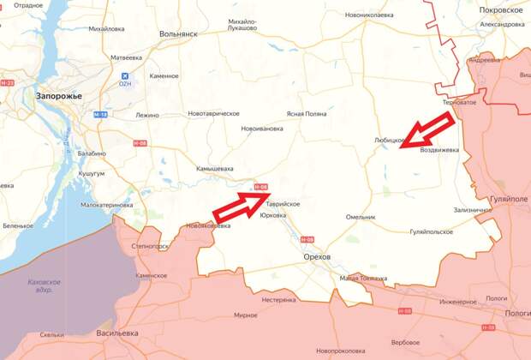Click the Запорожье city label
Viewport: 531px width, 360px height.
coord(58,96)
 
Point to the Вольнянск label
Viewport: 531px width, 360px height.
coord(178,34)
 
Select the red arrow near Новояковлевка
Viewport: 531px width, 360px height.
coord(242,204)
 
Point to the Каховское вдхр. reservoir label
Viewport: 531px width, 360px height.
coord(44,285)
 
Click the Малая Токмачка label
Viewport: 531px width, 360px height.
coord(363,278)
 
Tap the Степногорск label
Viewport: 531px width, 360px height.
coord(148,246)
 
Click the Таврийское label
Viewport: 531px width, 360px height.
coord(283,203)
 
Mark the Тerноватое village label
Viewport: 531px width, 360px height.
coord(459,102)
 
